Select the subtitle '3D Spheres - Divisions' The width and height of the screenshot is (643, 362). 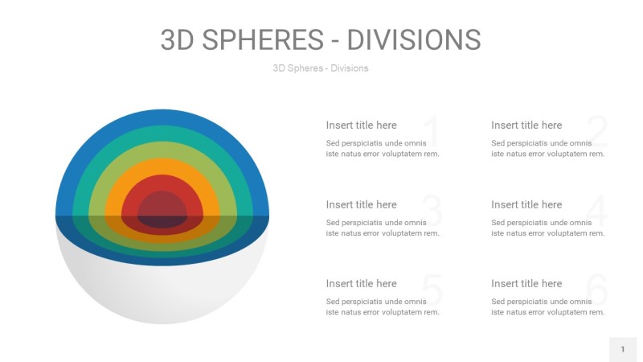pyautogui.click(x=321, y=68)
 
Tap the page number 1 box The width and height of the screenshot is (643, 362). pyautogui.click(x=622, y=349)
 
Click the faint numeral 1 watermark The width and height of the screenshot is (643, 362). pyautogui.click(x=432, y=132)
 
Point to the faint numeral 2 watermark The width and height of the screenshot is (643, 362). pyautogui.click(x=596, y=132)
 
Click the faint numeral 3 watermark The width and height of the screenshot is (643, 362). pyautogui.click(x=432, y=212)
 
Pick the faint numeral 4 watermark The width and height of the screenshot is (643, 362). pyautogui.click(x=596, y=212)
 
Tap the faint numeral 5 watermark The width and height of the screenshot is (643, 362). pyautogui.click(x=432, y=290)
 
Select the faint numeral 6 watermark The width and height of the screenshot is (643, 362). pyautogui.click(x=596, y=290)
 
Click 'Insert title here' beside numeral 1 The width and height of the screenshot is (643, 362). pyautogui.click(x=361, y=125)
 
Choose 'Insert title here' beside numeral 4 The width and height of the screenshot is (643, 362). pyautogui.click(x=526, y=204)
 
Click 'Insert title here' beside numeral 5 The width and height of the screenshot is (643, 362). pyautogui.click(x=361, y=283)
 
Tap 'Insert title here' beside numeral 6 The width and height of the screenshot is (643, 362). pyautogui.click(x=526, y=283)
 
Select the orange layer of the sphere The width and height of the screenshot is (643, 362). pyautogui.click(x=162, y=167)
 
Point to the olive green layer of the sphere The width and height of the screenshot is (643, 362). pyautogui.click(x=162, y=150)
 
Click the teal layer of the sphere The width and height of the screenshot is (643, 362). pyautogui.click(x=162, y=134)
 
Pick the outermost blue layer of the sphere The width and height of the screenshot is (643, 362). pyautogui.click(x=162, y=117)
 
